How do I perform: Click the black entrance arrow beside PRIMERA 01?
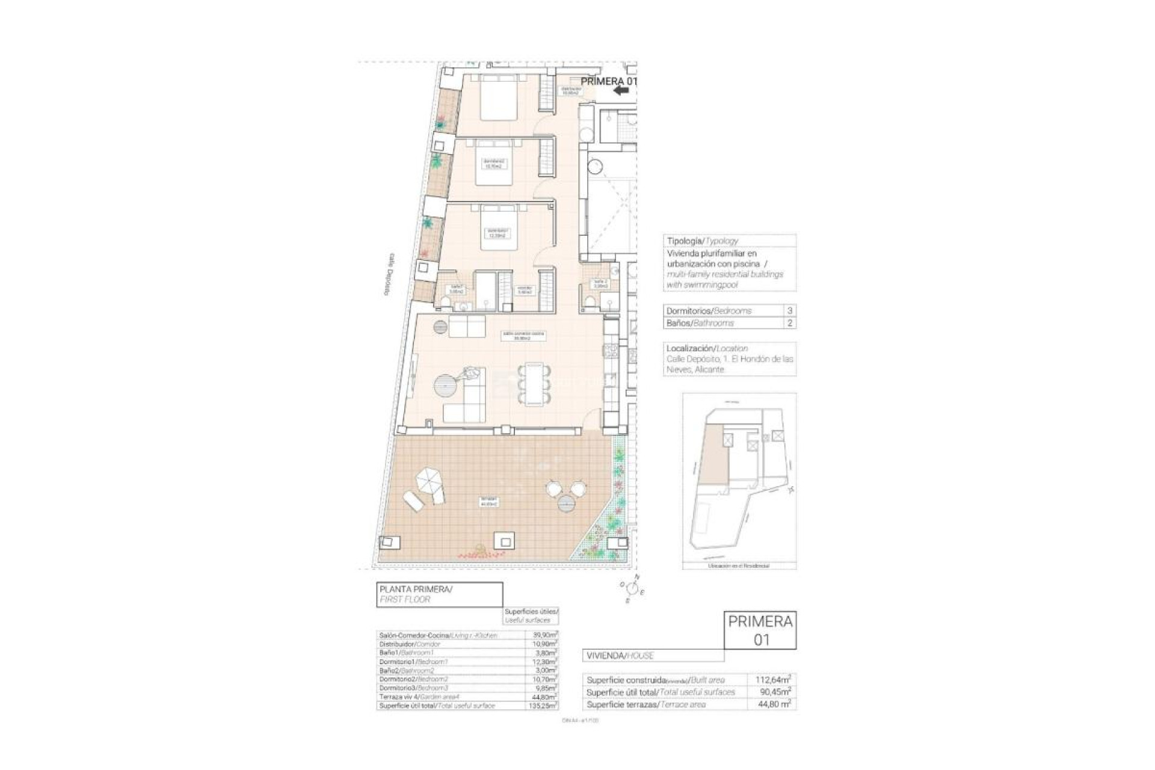pyautogui.click(x=621, y=90)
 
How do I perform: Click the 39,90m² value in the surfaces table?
pyautogui.click(x=545, y=635)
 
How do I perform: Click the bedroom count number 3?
pyautogui.click(x=790, y=311)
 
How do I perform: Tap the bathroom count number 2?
pyautogui.click(x=790, y=323)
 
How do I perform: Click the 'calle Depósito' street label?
pyautogui.click(x=391, y=274)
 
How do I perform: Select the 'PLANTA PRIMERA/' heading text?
pyautogui.click(x=416, y=590)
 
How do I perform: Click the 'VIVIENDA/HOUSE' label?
pyautogui.click(x=620, y=655)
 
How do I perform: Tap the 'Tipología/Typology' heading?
pyautogui.click(x=702, y=241)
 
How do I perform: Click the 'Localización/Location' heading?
pyautogui.click(x=707, y=348)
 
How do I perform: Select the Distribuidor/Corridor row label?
pyautogui.click(x=410, y=644)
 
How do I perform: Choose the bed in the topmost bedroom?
pyautogui.click(x=499, y=100)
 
